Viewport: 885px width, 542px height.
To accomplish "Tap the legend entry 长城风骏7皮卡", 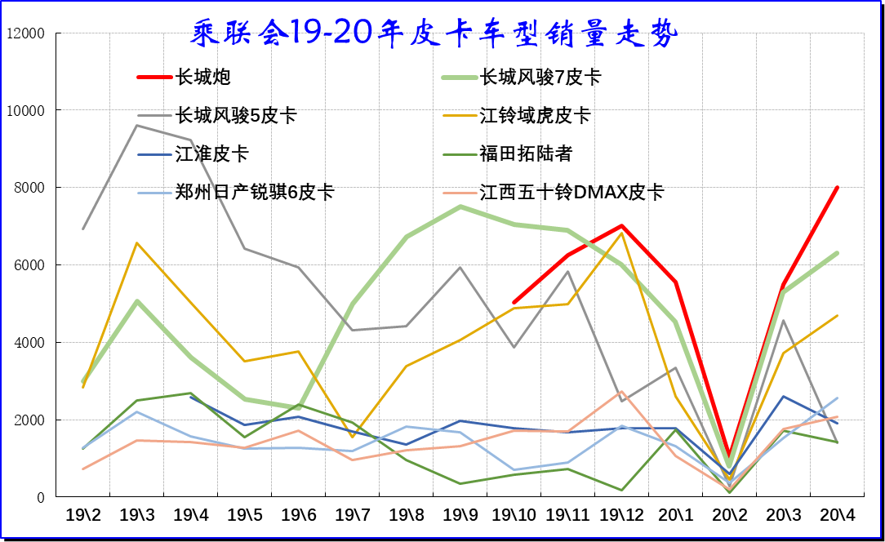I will click(540, 78).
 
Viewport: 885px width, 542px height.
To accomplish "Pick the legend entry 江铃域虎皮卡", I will click(534, 116).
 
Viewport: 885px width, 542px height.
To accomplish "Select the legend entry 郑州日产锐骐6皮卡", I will click(254, 193).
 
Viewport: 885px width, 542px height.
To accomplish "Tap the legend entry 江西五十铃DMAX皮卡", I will click(571, 193).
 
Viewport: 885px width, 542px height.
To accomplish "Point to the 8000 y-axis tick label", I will click(28, 188).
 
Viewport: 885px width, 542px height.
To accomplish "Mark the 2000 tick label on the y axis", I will click(28, 420).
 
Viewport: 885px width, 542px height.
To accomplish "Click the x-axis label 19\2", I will click(83, 515).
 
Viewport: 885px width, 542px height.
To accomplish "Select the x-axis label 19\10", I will click(514, 515).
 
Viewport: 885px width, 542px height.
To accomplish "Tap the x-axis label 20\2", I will click(729, 515).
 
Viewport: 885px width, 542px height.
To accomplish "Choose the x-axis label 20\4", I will click(837, 515).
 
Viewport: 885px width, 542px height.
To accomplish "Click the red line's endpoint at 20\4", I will click(837, 188).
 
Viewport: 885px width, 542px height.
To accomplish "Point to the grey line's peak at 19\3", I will click(137, 125).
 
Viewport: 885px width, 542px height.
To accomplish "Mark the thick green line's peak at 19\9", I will click(460, 207).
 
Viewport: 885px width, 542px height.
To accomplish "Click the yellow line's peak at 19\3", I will click(137, 242).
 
